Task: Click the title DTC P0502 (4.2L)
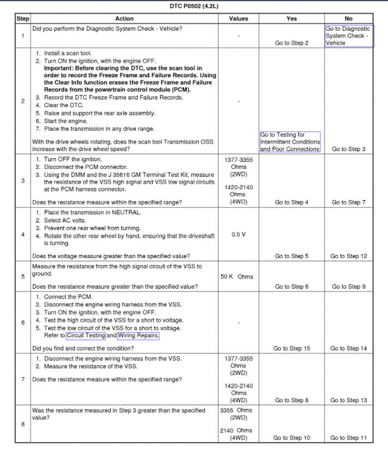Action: [195, 5]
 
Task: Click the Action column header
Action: [125, 19]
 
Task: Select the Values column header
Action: [238, 19]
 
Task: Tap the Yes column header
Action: [291, 19]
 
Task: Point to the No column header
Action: [349, 19]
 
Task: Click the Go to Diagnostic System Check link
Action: [348, 36]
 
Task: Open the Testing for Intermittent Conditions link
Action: [290, 142]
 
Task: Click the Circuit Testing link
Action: [86, 335]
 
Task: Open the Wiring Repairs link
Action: [138, 335]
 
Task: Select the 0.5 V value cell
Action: [238, 234]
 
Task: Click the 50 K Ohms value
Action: [237, 277]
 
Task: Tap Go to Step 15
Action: [291, 348]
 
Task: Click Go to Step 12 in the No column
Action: [349, 256]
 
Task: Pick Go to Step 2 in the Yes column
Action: [291, 43]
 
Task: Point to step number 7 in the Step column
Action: [23, 379]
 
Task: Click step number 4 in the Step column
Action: [23, 235]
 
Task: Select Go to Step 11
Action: [349, 438]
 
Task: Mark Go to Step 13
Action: [349, 400]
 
